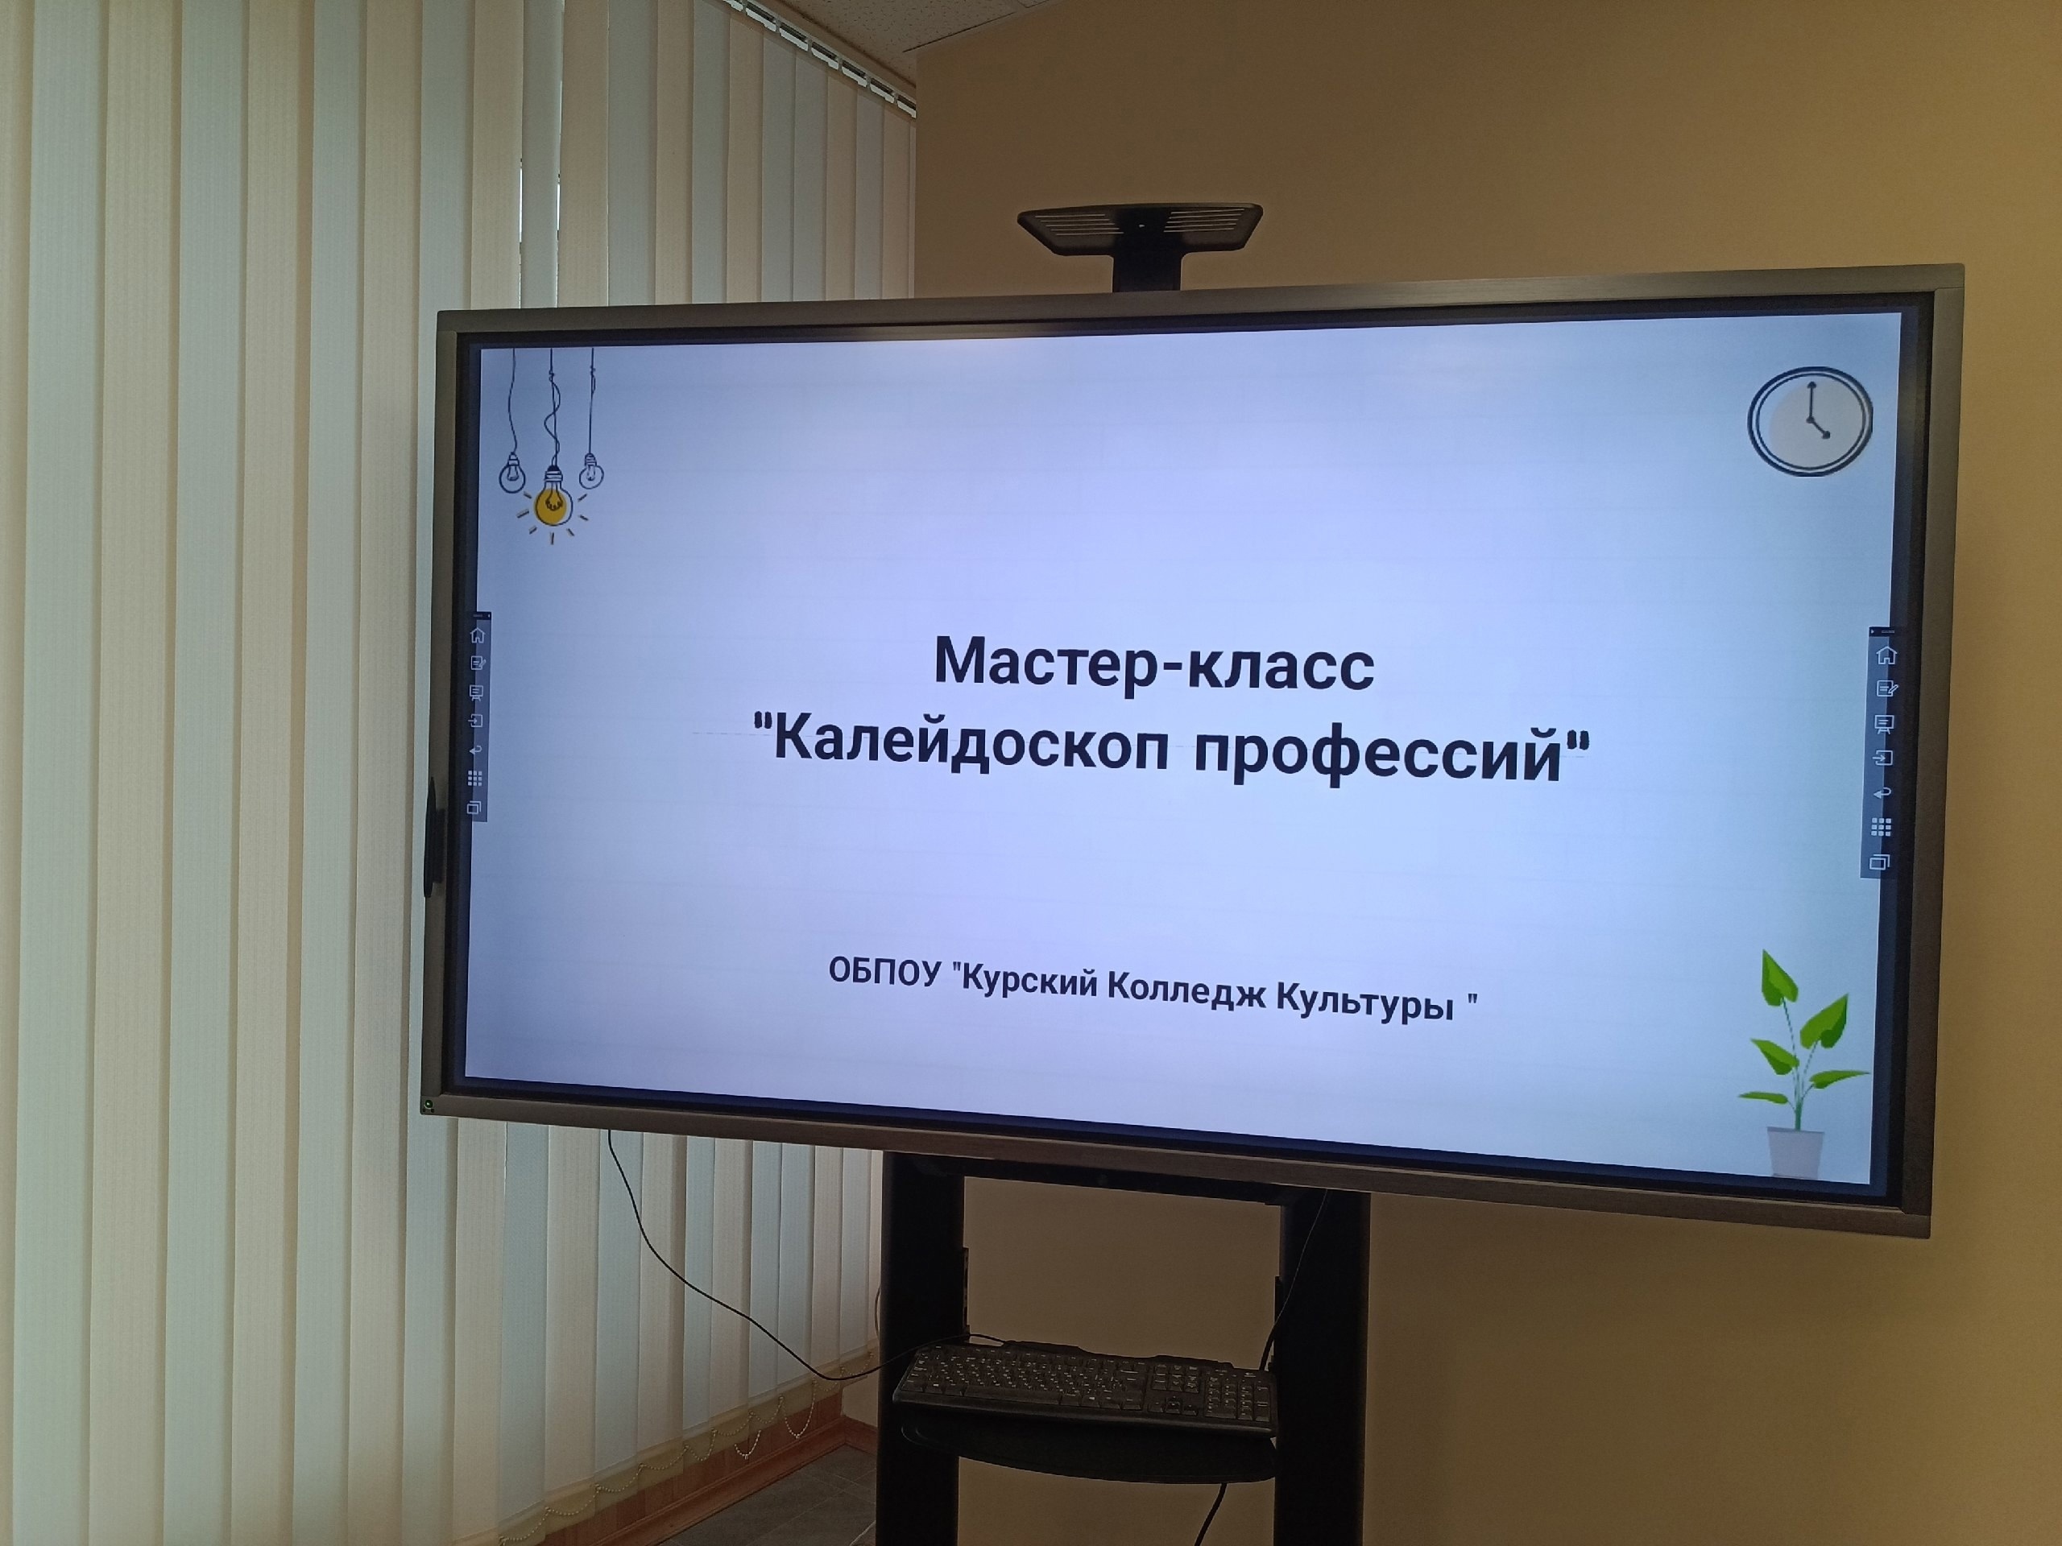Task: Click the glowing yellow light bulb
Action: tap(553, 503)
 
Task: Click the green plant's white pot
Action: tap(1795, 1150)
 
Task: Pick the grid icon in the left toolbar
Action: tap(475, 777)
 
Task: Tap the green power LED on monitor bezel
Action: tap(429, 1106)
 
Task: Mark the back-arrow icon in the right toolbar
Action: tap(1883, 793)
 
